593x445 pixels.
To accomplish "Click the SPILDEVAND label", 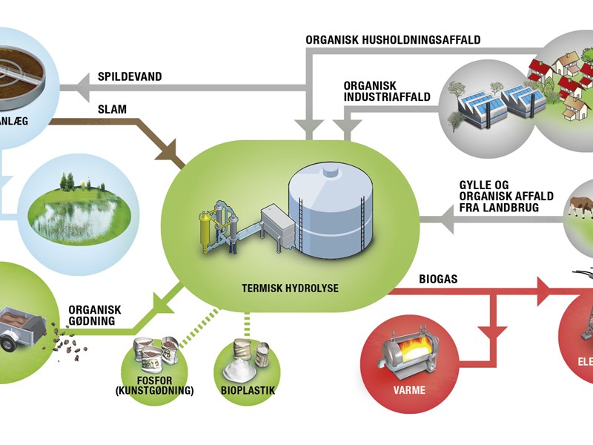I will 130,76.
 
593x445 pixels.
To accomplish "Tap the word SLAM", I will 112,109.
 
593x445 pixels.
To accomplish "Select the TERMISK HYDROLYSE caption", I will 290,286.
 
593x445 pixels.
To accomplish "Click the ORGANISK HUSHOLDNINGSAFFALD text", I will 393,39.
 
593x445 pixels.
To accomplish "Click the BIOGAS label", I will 437,280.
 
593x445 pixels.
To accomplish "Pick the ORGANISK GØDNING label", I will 94,316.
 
